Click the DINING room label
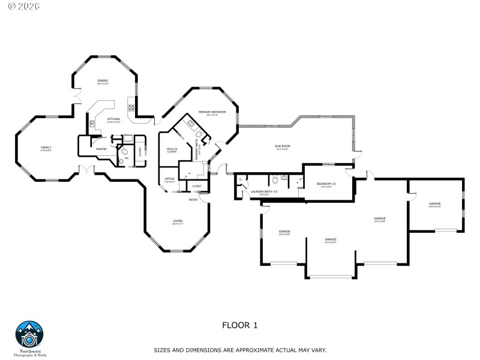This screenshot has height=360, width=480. pos(103,80)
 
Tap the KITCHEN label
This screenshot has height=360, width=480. pos(113,119)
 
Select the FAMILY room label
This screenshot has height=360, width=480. pos(46,147)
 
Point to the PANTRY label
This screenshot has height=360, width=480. pos(101,149)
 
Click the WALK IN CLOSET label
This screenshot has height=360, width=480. pos(172,150)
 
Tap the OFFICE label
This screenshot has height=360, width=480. pos(170,179)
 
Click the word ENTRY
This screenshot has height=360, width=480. pos(193,199)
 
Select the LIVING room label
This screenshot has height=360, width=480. pos(178,221)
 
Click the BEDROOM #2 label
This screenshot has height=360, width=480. pos(326,184)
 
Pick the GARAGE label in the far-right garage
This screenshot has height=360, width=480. pos(434,203)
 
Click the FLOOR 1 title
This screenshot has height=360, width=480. pos(239,325)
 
